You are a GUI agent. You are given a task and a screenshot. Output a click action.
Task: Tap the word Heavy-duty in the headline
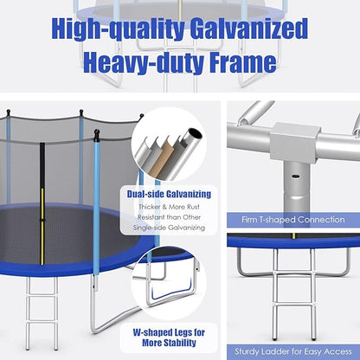click(x=140, y=61)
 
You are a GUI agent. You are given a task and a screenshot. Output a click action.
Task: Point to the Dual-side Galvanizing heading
click(x=176, y=194)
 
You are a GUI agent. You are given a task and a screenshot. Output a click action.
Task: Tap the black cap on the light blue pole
click(x=96, y=136)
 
